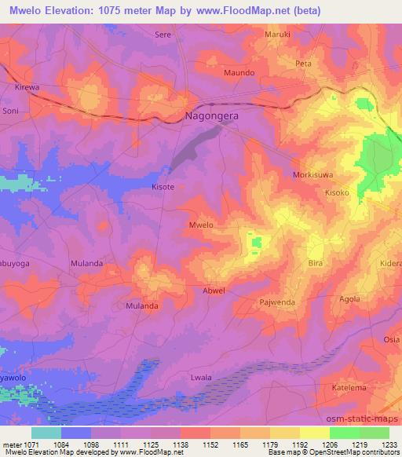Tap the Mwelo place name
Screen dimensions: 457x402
click(x=201, y=225)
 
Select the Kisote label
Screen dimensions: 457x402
click(x=163, y=188)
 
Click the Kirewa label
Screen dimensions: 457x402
click(x=27, y=90)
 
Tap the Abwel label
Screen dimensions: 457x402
click(x=214, y=291)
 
